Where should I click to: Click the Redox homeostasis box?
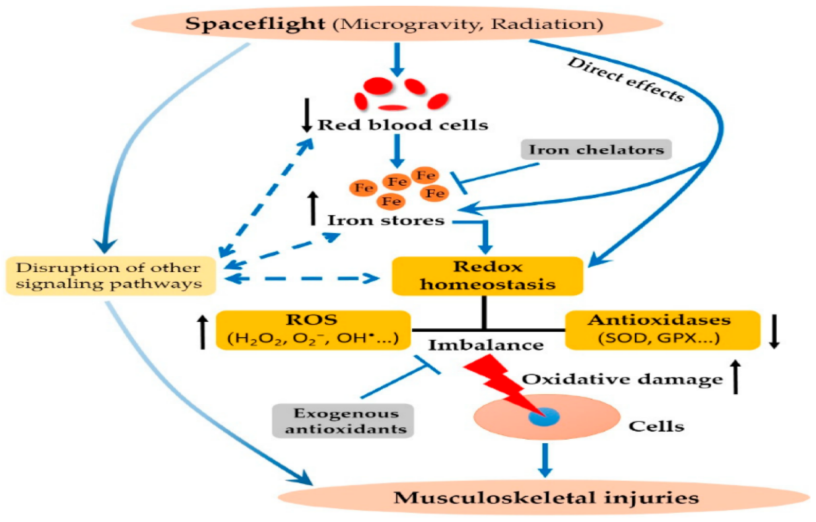click(x=487, y=276)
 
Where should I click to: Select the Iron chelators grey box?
click(x=596, y=149)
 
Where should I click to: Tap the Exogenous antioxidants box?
click(x=343, y=421)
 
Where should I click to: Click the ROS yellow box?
click(x=313, y=329)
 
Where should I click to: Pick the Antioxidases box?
click(x=662, y=329)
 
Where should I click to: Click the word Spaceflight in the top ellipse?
click(x=255, y=24)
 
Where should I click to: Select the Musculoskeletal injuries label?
click(x=546, y=497)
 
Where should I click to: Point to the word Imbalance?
click(x=486, y=345)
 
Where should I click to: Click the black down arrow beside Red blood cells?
click(x=307, y=115)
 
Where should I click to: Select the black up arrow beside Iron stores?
click(x=313, y=208)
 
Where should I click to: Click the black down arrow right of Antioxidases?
click(x=774, y=330)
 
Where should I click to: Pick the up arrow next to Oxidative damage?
click(x=736, y=377)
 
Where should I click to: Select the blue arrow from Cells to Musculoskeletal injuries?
click(x=545, y=459)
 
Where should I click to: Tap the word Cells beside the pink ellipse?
click(x=657, y=426)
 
